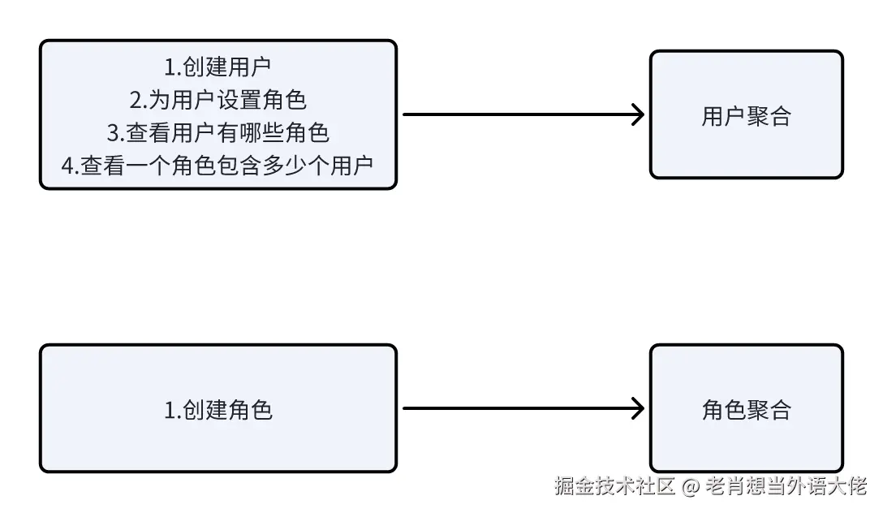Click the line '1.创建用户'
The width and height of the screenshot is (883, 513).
click(218, 67)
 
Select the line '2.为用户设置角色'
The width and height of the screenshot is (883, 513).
click(218, 100)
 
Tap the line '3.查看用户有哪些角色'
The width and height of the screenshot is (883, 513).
click(218, 132)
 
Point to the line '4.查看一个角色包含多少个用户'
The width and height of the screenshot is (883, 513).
click(218, 165)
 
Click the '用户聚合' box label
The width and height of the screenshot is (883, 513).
click(746, 116)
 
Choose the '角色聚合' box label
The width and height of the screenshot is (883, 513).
click(746, 410)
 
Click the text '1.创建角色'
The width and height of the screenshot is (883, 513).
click(218, 410)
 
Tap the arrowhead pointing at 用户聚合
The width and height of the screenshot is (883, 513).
click(638, 114)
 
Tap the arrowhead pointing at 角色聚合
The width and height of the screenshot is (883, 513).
click(638, 408)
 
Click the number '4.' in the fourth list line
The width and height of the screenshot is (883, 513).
click(70, 165)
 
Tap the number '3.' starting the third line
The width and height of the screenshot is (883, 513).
click(114, 132)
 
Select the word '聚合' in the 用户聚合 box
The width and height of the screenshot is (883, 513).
click(769, 116)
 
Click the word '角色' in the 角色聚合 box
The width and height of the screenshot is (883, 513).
click(724, 410)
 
